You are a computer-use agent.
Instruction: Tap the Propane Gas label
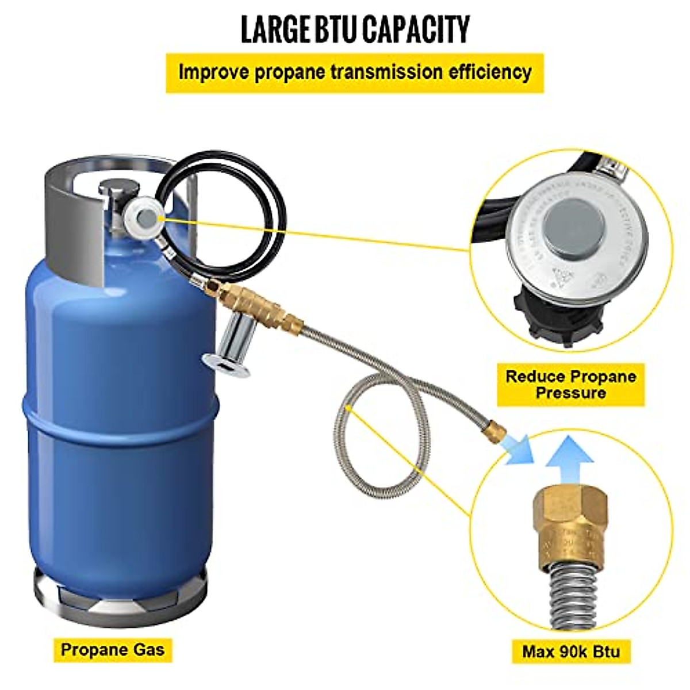click(x=113, y=650)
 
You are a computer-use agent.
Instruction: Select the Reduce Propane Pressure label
click(x=570, y=385)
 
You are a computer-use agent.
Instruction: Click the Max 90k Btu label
click(x=571, y=651)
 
